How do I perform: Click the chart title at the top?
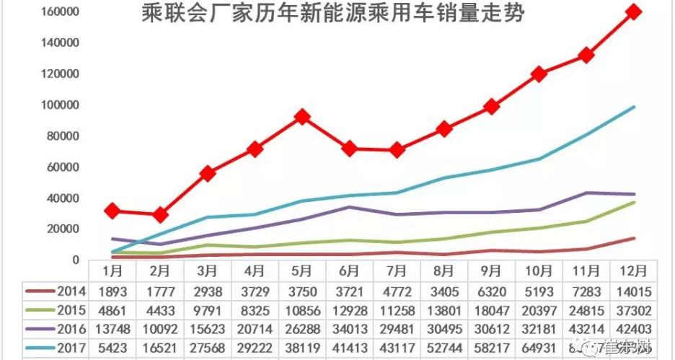[334, 14]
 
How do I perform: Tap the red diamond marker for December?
[635, 12]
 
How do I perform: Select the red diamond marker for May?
[302, 116]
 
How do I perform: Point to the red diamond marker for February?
[160, 214]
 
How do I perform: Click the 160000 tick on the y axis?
[60, 12]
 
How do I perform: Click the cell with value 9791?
[207, 311]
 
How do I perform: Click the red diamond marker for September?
[492, 106]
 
